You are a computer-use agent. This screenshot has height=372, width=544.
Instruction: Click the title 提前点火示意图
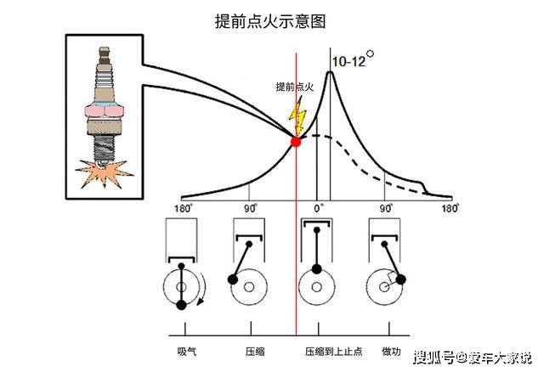(270, 20)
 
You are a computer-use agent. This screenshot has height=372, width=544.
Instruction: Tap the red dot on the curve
(296, 142)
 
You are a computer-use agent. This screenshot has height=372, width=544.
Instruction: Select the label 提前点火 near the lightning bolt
(294, 87)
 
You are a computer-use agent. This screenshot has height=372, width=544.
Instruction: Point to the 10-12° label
(353, 61)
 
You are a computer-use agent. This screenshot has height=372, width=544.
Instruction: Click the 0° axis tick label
(319, 207)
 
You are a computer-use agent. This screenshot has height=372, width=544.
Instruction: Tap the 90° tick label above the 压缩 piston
(251, 207)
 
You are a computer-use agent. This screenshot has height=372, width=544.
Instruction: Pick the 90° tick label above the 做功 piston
(385, 207)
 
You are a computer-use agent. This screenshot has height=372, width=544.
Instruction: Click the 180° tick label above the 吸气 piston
(183, 207)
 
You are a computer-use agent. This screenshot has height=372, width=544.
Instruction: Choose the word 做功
(391, 350)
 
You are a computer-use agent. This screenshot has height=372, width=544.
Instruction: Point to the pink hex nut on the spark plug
(105, 110)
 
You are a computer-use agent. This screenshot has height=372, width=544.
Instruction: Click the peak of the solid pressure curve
(330, 72)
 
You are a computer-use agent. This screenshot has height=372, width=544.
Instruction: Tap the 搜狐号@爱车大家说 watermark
(473, 356)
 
